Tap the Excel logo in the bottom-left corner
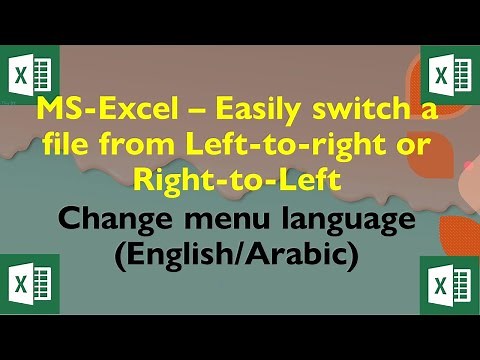31,285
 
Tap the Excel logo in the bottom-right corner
449,285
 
